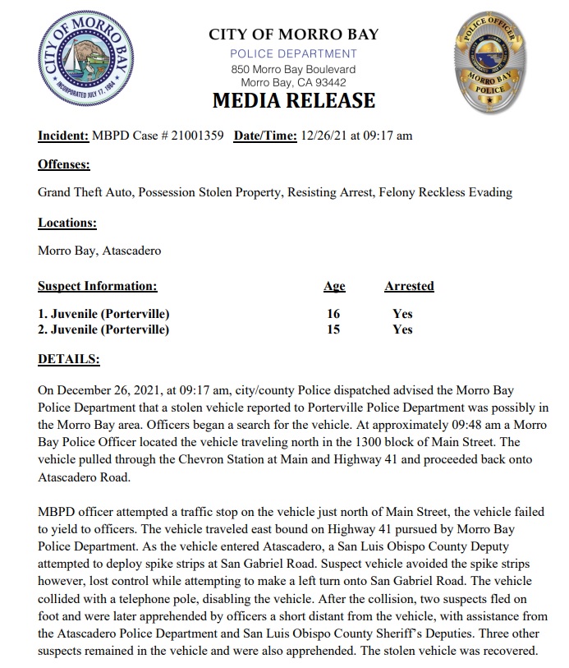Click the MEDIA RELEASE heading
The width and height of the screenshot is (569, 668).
pyautogui.click(x=293, y=101)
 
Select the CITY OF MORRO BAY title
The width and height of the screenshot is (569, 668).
pyautogui.click(x=293, y=35)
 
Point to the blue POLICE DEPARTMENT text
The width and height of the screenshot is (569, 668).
pyautogui.click(x=293, y=53)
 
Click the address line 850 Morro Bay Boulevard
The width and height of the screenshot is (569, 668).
pyautogui.click(x=293, y=69)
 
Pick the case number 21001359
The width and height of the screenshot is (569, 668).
pyautogui.click(x=195, y=136)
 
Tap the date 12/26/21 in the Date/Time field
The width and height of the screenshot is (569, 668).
pyautogui.click(x=324, y=136)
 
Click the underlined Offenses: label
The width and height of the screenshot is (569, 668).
pyautogui.click(x=64, y=164)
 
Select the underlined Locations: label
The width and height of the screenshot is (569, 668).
pyautogui.click(x=67, y=223)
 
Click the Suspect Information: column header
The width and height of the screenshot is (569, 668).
pyautogui.click(x=97, y=286)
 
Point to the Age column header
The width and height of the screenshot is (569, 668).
pyautogui.click(x=334, y=286)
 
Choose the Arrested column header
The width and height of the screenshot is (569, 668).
pyautogui.click(x=409, y=286)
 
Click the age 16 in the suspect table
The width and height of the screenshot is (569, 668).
pyautogui.click(x=333, y=314)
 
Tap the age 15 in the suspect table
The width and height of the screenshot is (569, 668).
pyautogui.click(x=333, y=329)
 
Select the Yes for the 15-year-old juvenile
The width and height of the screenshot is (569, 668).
pyautogui.click(x=402, y=329)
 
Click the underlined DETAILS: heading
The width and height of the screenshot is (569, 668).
pyautogui.click(x=69, y=359)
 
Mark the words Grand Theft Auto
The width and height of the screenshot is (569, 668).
pyautogui.click(x=85, y=192)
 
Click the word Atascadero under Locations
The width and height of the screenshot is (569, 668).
pyautogui.click(x=131, y=251)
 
